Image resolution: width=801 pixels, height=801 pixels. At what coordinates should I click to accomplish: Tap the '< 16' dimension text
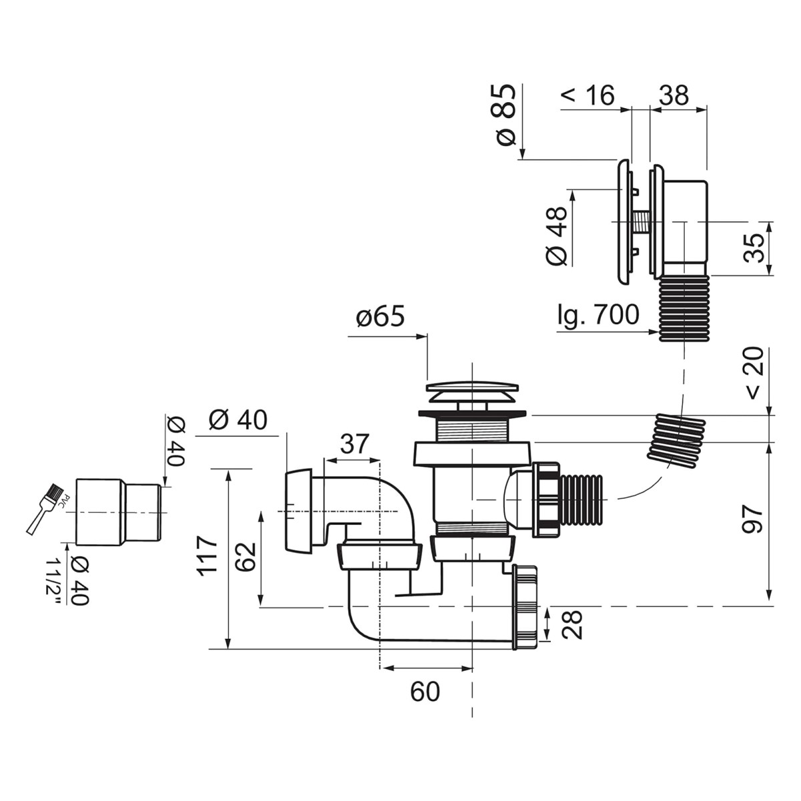click(587, 95)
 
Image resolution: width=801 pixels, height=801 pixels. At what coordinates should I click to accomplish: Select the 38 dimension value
click(674, 95)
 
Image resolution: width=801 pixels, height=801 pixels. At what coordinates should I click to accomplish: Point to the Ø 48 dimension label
click(556, 235)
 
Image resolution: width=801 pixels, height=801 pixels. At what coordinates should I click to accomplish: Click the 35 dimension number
click(753, 248)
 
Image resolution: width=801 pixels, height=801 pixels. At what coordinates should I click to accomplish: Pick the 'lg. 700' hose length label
click(599, 314)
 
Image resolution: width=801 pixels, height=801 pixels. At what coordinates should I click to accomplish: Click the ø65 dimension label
click(380, 317)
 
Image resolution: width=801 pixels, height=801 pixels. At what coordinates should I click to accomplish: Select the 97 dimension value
click(753, 519)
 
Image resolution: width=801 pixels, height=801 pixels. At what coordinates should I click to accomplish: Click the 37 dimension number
click(354, 443)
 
